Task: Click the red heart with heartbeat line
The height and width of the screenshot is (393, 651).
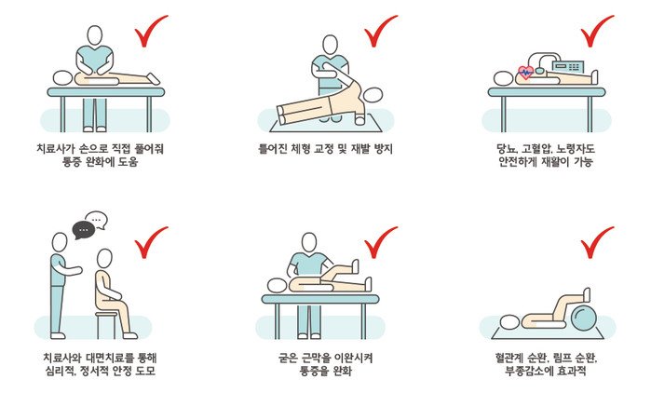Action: tap(526, 73)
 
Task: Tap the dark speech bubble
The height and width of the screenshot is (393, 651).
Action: tap(84, 230)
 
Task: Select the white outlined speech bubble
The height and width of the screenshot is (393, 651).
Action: tap(97, 220)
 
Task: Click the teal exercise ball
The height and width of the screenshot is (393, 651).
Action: tap(583, 318)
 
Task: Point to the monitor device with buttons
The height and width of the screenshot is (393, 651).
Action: tap(567, 66)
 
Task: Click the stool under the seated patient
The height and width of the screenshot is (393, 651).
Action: tap(106, 325)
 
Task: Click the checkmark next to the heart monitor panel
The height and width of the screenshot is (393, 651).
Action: tap(597, 31)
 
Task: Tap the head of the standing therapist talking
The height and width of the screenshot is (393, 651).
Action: tap(60, 242)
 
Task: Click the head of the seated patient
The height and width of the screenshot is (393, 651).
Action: tap(104, 259)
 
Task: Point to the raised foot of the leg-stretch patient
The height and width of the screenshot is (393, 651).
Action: tap(355, 267)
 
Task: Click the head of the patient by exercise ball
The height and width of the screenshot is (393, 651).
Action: tap(509, 322)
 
